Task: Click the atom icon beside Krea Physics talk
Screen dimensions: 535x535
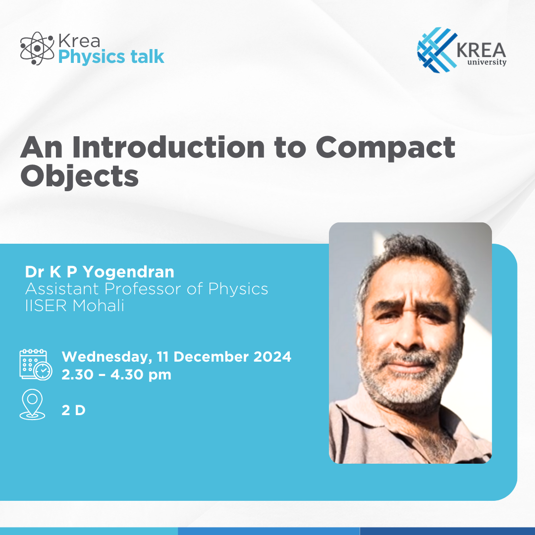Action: pyautogui.click(x=37, y=49)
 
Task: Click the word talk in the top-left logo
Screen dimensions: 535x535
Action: pyautogui.click(x=148, y=57)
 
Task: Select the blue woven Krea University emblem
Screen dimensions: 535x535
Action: pyautogui.click(x=436, y=48)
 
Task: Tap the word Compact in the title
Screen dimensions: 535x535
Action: pyautogui.click(x=385, y=147)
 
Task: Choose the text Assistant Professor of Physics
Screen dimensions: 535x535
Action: pyautogui.click(x=147, y=289)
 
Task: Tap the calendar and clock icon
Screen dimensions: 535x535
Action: pyautogui.click(x=35, y=365)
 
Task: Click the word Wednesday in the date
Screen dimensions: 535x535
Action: pyautogui.click(x=106, y=357)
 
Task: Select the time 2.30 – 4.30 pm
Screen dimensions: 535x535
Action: pyautogui.click(x=116, y=374)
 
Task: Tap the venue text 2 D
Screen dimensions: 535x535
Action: pyautogui.click(x=73, y=411)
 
